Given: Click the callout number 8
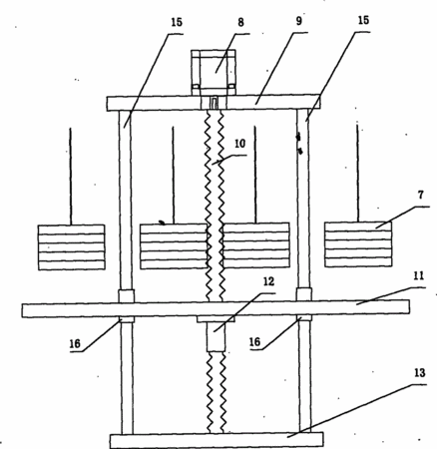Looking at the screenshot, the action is (240, 22).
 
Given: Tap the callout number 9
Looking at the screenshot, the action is (298, 21).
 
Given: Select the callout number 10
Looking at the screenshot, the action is (239, 144).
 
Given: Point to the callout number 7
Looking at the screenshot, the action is (421, 195).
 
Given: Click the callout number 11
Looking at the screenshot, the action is (418, 276).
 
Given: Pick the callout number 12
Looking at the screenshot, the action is (268, 281).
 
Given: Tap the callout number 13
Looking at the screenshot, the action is (420, 373).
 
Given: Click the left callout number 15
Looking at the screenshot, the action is (177, 22).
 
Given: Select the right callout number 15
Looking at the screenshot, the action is (363, 20).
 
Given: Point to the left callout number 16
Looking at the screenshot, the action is (75, 343).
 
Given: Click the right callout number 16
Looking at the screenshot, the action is (255, 342).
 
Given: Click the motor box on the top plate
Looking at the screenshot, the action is (214, 73).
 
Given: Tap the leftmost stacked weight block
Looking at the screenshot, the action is (72, 247).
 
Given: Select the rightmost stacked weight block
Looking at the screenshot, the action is (358, 244).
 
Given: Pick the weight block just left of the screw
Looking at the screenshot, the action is (174, 246).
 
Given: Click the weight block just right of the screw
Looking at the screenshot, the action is (256, 245).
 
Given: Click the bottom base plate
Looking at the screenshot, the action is (217, 440).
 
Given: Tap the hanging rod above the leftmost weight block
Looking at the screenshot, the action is (71, 177).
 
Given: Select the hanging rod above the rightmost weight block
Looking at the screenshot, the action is (358, 174).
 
